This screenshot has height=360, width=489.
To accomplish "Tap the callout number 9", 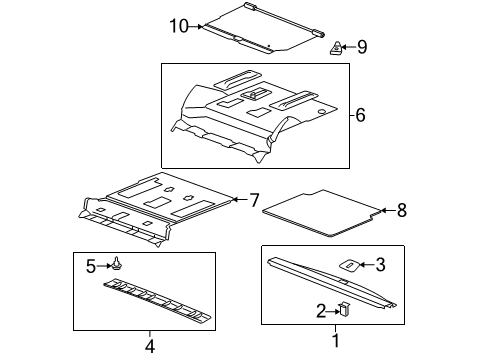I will click(363, 46).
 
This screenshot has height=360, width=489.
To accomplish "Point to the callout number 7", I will click(254, 199).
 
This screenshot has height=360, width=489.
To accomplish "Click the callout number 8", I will click(402, 210).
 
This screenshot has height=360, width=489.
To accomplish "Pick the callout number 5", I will click(90, 266).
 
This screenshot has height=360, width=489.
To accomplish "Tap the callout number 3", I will click(379, 264).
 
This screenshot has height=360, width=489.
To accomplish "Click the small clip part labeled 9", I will click(338, 46).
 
